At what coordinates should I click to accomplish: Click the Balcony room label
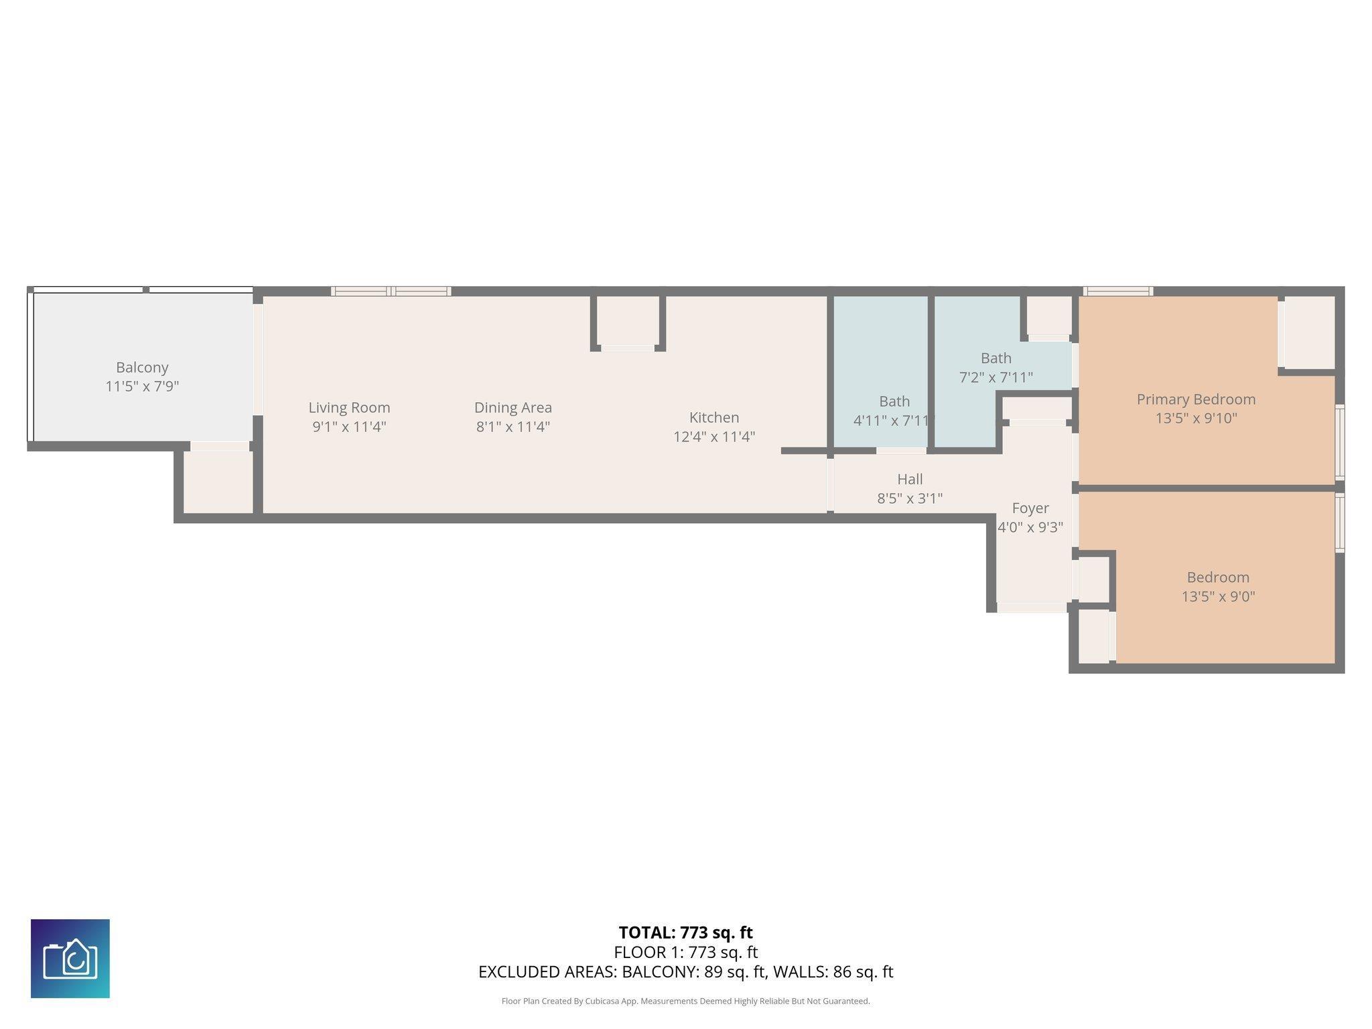coord(142,367)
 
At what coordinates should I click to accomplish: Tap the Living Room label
coord(349,407)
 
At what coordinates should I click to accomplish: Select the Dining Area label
coord(513,407)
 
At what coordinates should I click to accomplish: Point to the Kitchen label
coord(714,417)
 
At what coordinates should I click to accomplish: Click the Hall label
coord(910,479)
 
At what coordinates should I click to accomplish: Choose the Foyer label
coord(1030,508)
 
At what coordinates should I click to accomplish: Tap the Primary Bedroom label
coord(1196,399)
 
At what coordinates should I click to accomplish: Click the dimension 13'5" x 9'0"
coord(1218,596)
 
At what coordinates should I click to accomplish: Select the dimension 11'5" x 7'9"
coord(142,387)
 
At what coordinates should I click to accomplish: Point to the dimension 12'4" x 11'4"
coord(714,437)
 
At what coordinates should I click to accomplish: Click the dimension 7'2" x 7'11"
coord(996,378)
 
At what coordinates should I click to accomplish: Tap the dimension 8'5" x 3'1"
coord(910,498)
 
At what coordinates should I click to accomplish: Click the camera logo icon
coord(70,959)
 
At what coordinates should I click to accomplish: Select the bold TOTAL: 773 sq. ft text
coord(686,933)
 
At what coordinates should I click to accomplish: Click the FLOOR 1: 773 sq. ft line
coord(686,952)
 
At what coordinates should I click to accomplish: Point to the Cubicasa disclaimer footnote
coord(686,1002)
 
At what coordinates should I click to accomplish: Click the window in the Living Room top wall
coord(391,291)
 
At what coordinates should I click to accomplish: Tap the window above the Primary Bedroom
coord(1117,291)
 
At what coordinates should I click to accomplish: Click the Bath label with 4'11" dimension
coord(894,401)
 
